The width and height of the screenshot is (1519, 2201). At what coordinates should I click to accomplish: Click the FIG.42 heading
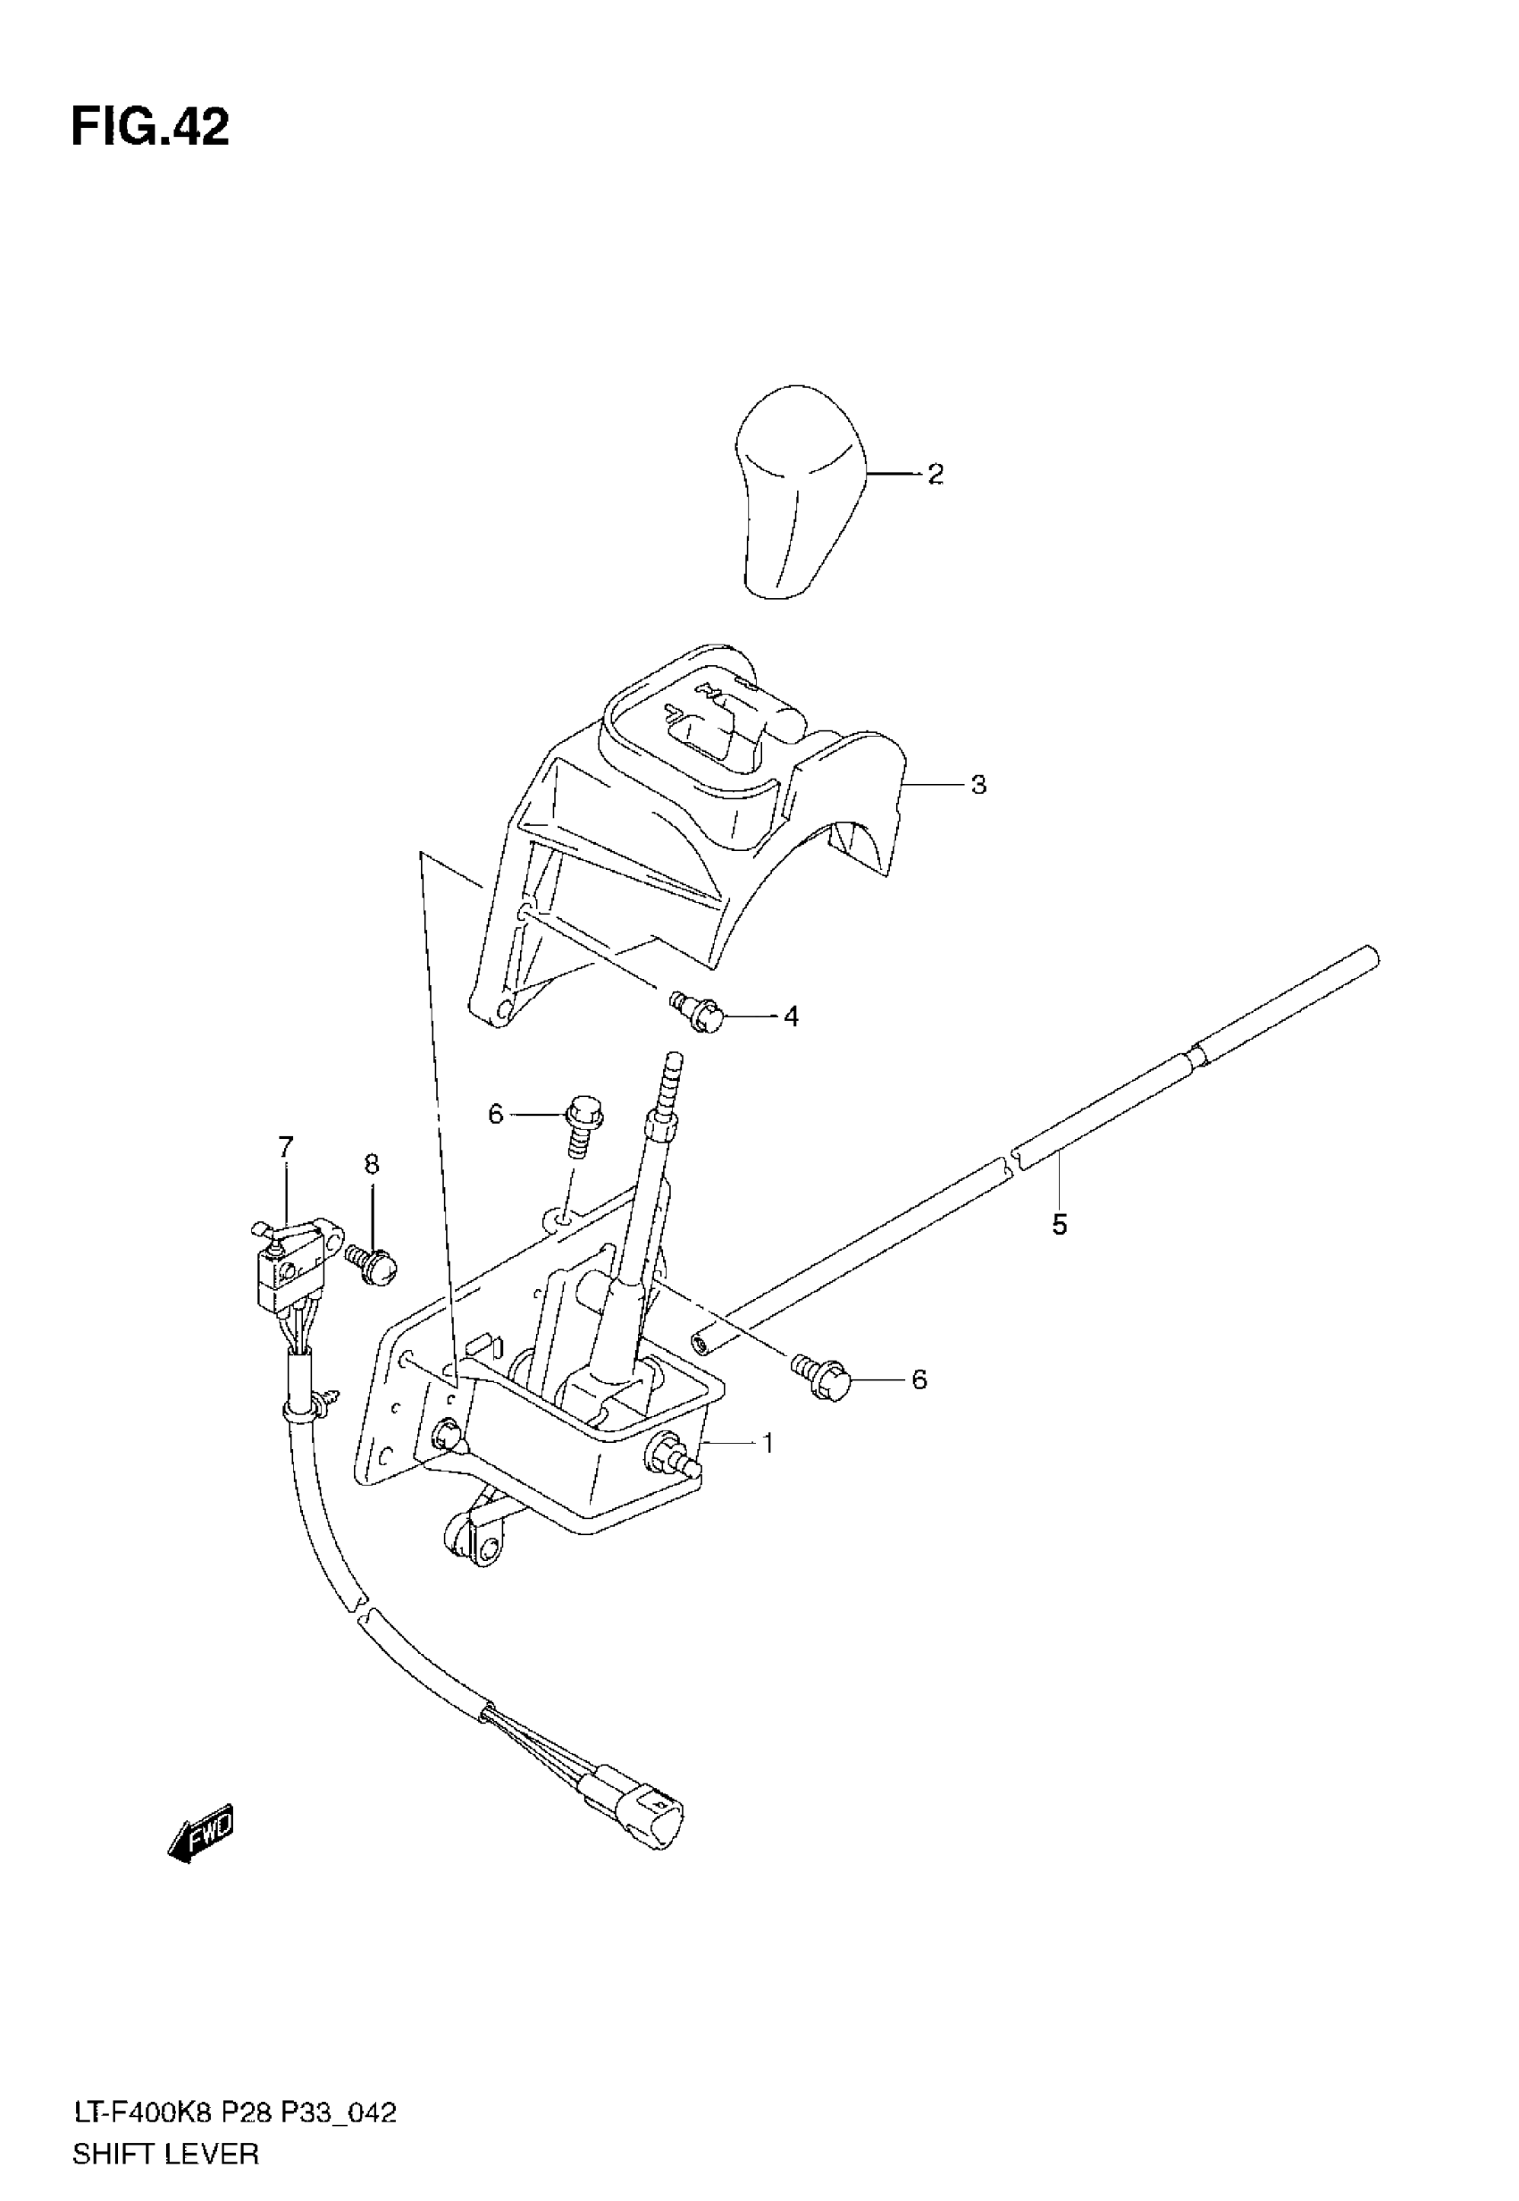(x=150, y=128)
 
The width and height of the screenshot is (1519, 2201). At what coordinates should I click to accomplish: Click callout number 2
(x=936, y=474)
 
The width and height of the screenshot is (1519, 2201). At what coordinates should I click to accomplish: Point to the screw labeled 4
(x=701, y=1012)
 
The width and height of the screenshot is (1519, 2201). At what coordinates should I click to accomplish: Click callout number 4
(x=791, y=1016)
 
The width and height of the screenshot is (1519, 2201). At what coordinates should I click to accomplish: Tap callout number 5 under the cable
(x=1060, y=1224)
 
